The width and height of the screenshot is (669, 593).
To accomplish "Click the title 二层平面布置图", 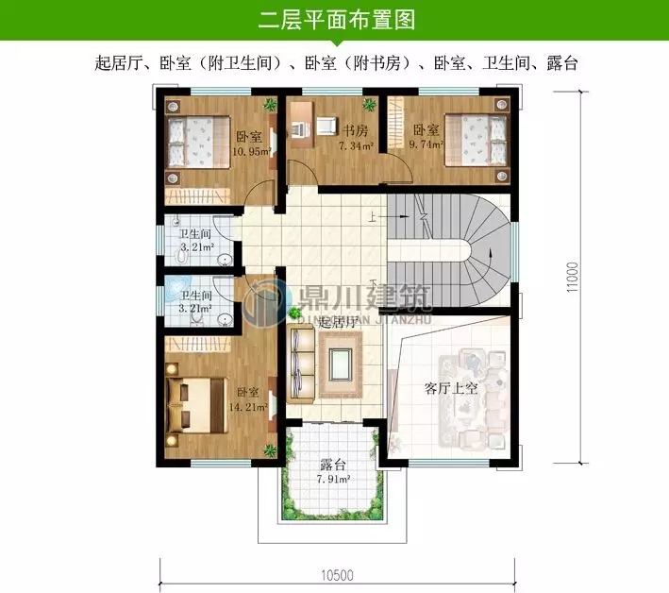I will tap(335, 19).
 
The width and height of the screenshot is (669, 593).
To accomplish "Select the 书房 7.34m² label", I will tap(356, 138).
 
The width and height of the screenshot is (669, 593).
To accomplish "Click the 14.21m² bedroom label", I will tap(249, 399).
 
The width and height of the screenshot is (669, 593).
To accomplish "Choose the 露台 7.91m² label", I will tap(333, 472).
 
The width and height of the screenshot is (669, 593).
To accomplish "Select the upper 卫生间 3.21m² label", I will tap(195, 242).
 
